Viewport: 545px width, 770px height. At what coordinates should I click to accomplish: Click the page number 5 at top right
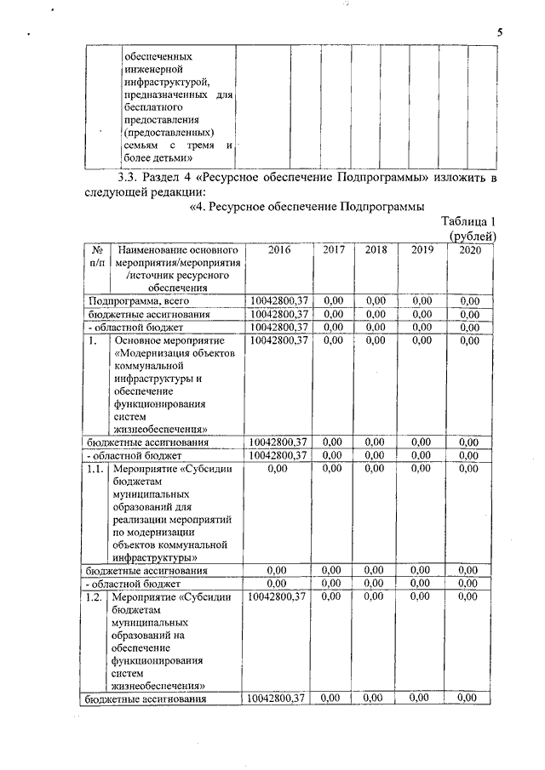[x=502, y=32]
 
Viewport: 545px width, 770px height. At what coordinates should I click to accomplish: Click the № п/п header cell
[x=96, y=257]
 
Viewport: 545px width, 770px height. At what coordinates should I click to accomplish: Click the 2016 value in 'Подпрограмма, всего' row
[x=278, y=300]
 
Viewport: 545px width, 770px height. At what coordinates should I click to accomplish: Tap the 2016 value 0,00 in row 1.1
[x=278, y=468]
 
